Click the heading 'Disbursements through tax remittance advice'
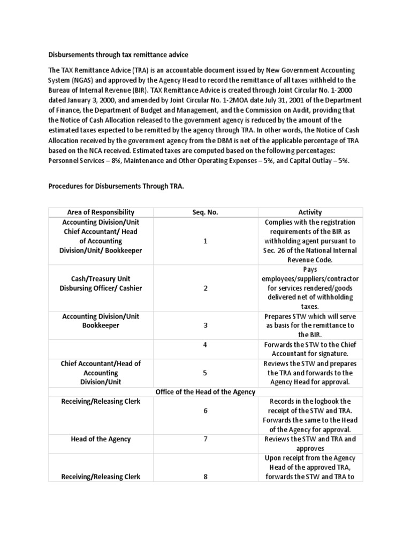pyautogui.click(x=118, y=55)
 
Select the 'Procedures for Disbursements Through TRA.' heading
pyautogui.click(x=116, y=186)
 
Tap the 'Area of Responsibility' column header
pyautogui.click(x=101, y=212)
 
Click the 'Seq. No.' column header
pyautogui.click(x=205, y=212)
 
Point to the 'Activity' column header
pyautogui.click(x=310, y=212)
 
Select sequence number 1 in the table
pyautogui.click(x=205, y=241)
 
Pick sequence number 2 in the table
pyautogui.click(x=205, y=288)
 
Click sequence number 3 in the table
pyautogui.click(x=205, y=325)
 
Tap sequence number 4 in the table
pyautogui.click(x=205, y=345)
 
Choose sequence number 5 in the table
pyautogui.click(x=205, y=373)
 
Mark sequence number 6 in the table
pyautogui.click(x=205, y=411)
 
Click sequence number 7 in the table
pyautogui.click(x=205, y=439)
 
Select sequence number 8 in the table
pyautogui.click(x=205, y=477)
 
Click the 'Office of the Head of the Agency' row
pyautogui.click(x=205, y=392)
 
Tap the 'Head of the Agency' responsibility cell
pyautogui.click(x=101, y=439)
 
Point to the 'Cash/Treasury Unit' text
pyautogui.click(x=101, y=279)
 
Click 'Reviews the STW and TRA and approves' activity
pyautogui.click(x=310, y=443)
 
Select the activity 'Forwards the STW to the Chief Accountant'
pyautogui.click(x=310, y=349)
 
